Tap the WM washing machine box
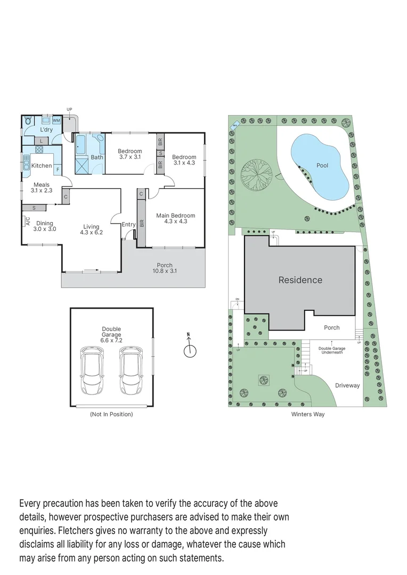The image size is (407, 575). coord(56,121)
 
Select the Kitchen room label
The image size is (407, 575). coord(42,166)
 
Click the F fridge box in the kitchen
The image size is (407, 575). coord(57,169)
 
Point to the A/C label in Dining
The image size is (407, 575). coord(27,221)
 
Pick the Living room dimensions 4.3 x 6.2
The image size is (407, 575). coord(91,232)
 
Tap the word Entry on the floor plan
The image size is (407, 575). coord(128,225)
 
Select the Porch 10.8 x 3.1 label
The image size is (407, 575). coord(164,268)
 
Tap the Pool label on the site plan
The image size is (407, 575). coord(322,166)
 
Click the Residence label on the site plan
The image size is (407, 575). coord(300,280)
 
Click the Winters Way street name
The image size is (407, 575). coord(307,414)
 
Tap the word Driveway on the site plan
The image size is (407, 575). coord(347,385)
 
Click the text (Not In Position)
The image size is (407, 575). coord(111,414)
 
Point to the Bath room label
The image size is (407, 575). coord(97,157)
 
